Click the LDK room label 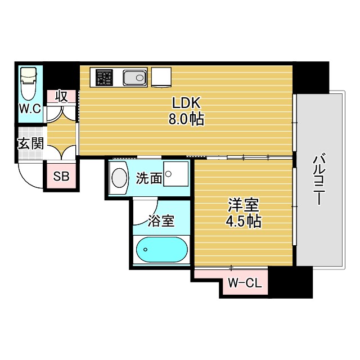(186, 103)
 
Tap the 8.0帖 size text (186, 119)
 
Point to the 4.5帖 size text (243, 222)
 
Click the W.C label (30, 109)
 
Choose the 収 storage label (61, 96)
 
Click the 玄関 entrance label (30, 143)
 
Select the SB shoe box (61, 177)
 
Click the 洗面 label (149, 178)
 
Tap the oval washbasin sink (120, 178)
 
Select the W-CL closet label (245, 283)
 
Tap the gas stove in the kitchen (105, 78)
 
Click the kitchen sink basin (134, 78)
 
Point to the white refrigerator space (161, 77)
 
